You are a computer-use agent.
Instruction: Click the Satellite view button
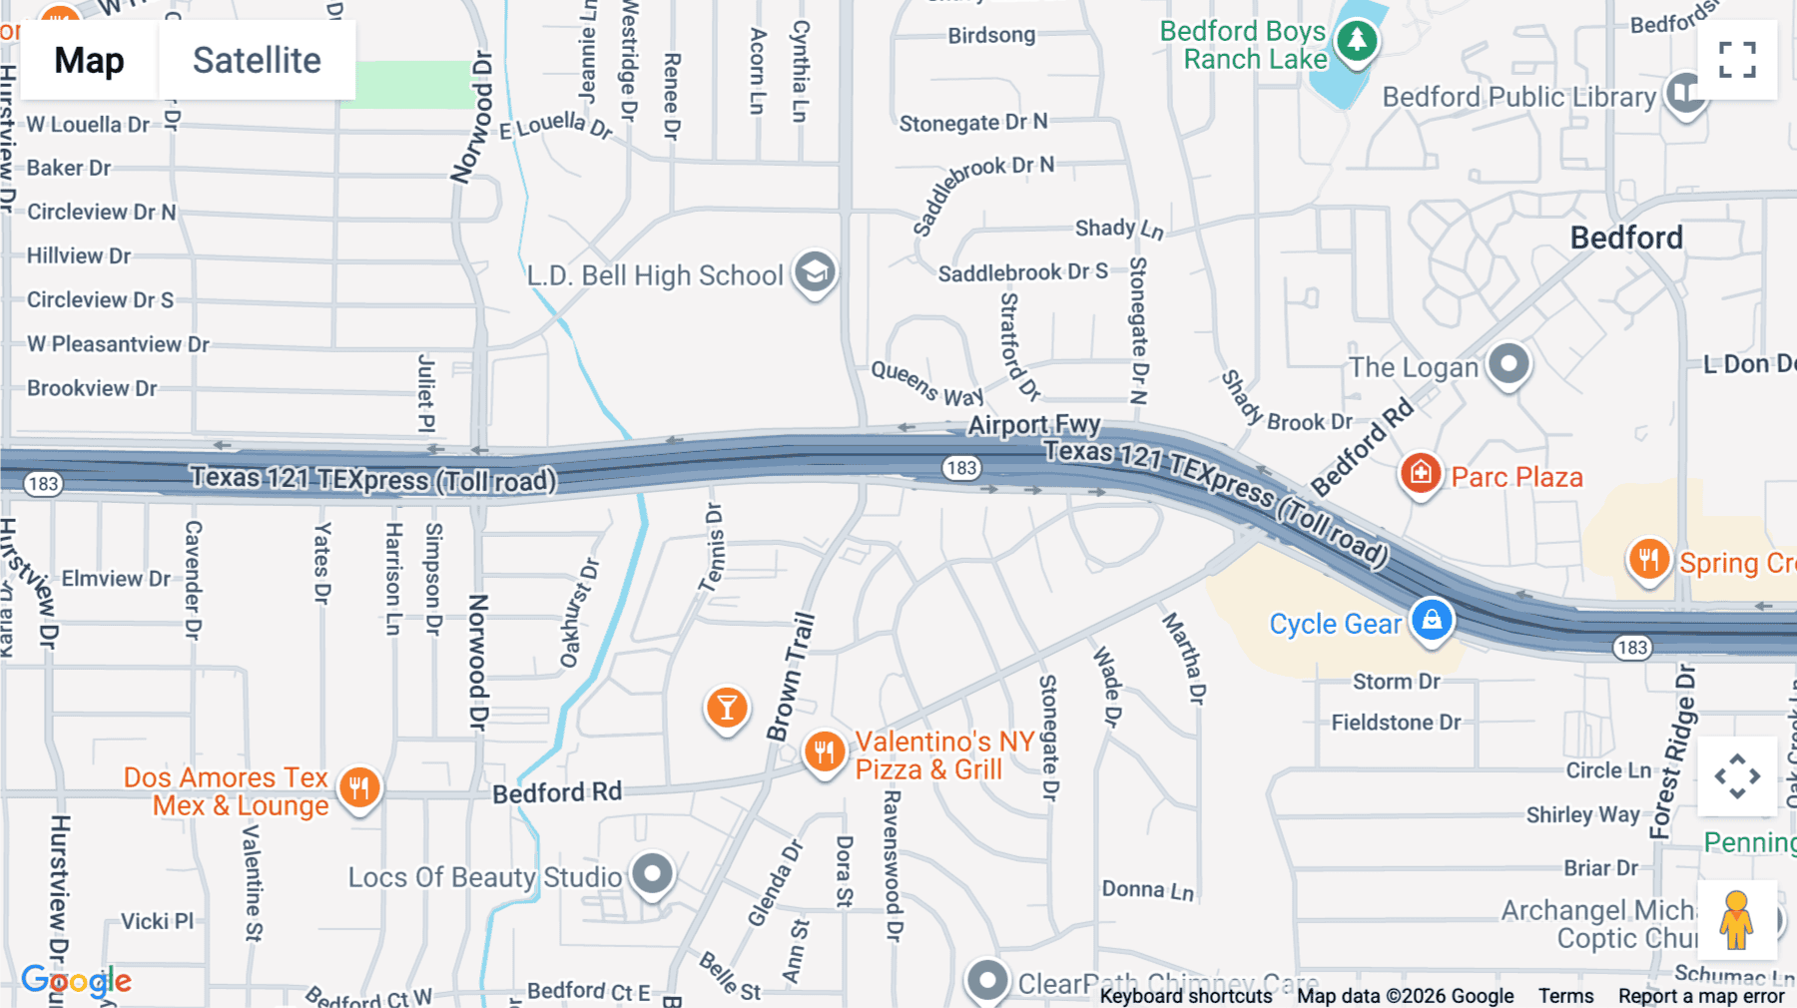[257, 61]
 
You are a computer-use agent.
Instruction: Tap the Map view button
[89, 61]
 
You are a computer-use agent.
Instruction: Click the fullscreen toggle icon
[1737, 60]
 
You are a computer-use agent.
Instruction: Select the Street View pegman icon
[1736, 919]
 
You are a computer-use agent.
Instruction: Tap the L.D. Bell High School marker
[815, 272]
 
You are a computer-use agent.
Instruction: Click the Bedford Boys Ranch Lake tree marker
[1356, 42]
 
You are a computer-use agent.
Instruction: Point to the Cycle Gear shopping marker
[1432, 620]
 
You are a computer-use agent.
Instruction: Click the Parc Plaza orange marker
[1421, 473]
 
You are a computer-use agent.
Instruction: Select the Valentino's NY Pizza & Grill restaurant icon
[825, 753]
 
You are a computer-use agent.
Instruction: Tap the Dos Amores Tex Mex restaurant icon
[359, 788]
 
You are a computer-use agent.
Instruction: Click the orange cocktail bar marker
[727, 708]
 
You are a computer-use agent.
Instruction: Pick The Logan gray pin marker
[1508, 364]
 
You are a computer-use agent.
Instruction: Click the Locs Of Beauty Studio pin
[653, 875]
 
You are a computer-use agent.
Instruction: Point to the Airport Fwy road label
[1033, 425]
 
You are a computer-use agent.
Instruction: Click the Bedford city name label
[1626, 238]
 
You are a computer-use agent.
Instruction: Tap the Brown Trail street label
[791, 677]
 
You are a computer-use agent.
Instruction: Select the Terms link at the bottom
[1565, 996]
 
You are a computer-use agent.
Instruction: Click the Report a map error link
[1701, 996]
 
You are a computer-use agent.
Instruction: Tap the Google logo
[77, 981]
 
